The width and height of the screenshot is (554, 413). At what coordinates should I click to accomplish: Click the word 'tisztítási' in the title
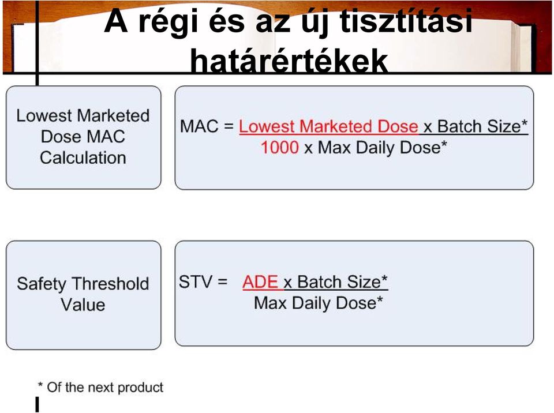click(x=406, y=21)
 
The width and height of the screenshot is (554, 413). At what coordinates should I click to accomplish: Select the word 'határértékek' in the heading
click(x=289, y=61)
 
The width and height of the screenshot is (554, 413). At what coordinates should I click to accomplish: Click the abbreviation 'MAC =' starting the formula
click(x=207, y=126)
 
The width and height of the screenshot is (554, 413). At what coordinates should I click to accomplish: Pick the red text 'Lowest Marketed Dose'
click(x=328, y=126)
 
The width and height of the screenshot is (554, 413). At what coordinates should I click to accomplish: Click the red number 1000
click(x=280, y=147)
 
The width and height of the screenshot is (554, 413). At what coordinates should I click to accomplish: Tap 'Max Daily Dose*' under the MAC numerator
click(x=382, y=147)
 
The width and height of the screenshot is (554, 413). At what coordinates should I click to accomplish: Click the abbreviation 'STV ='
click(x=203, y=282)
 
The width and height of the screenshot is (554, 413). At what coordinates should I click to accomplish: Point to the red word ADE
click(x=260, y=282)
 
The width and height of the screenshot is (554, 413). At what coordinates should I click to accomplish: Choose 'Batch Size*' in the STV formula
click(x=342, y=282)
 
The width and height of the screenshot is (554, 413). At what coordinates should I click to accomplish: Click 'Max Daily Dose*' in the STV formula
click(x=319, y=303)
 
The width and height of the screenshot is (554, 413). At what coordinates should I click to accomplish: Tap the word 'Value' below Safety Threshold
click(x=83, y=305)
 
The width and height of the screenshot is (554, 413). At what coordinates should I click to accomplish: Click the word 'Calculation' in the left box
click(x=83, y=157)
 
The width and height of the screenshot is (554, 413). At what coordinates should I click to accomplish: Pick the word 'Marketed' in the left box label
click(x=113, y=115)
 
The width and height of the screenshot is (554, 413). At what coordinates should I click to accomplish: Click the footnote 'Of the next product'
click(x=105, y=387)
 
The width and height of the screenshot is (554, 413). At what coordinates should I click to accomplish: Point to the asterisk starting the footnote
click(x=40, y=384)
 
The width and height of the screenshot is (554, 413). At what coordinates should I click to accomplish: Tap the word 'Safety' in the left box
click(x=42, y=284)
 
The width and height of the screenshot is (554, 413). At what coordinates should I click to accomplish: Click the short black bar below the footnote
click(x=37, y=404)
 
